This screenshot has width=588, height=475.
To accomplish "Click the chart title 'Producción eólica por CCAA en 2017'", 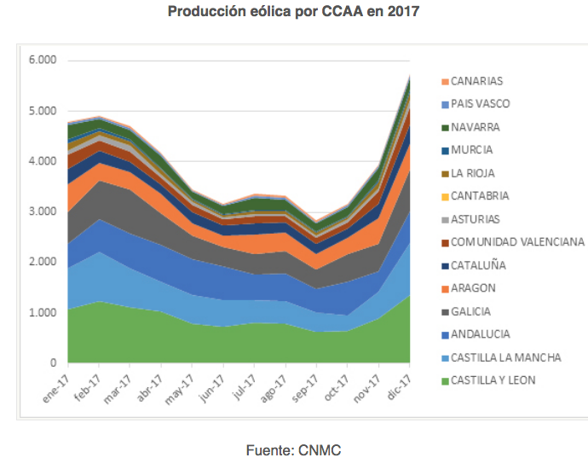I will pyautogui.click(x=294, y=12).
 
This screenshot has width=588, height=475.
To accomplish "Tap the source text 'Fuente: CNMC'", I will pyautogui.click(x=294, y=449).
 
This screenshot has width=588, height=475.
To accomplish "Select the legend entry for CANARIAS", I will pyautogui.click(x=476, y=82).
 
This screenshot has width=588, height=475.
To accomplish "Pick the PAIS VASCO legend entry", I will pyautogui.click(x=480, y=104).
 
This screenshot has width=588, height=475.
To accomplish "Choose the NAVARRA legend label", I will pyautogui.click(x=476, y=127).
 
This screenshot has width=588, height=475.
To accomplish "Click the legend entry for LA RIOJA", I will pyautogui.click(x=475, y=173).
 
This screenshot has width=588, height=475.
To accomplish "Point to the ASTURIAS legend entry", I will pyautogui.click(x=476, y=219).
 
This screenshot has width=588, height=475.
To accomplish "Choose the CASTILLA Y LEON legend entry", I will pyautogui.click(x=493, y=380).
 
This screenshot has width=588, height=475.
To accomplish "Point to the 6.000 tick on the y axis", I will pyautogui.click(x=41, y=61).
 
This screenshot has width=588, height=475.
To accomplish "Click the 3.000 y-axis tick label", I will pyautogui.click(x=41, y=211).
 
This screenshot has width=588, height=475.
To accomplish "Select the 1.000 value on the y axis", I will pyautogui.click(x=41, y=313).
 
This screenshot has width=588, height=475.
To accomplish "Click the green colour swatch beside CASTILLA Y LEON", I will pyautogui.click(x=445, y=380).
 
